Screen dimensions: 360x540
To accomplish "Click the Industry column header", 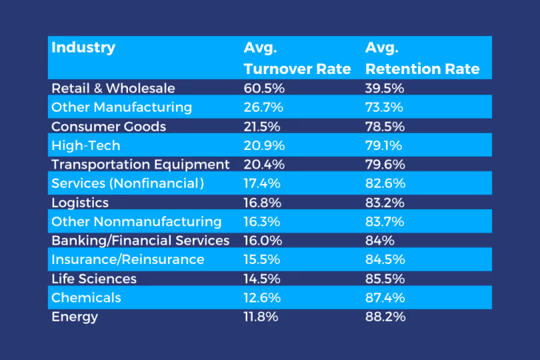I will coord(83,48).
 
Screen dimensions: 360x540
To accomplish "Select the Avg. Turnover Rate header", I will coord(297,59).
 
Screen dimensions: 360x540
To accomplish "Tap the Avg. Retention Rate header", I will coord(422,59).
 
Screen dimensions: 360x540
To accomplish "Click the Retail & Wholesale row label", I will coord(113,88).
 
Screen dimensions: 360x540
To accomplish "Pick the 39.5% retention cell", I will coord(385,88).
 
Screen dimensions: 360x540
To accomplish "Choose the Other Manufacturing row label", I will coord(121,107).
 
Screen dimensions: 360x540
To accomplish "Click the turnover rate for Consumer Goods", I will coord(261,126).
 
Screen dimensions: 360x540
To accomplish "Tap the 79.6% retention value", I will coord(385,164).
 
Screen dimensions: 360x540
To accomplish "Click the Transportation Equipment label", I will coord(140,164).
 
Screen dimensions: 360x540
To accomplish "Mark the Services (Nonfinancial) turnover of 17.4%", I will coord(261,183).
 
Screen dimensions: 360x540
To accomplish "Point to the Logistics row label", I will coord(80,203).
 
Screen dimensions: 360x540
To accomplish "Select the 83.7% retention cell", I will coord(385,221).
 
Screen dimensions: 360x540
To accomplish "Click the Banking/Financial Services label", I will coord(140,241).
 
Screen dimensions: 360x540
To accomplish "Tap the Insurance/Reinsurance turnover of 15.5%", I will coord(261,259).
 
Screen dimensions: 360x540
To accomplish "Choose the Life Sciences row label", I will coord(94,279).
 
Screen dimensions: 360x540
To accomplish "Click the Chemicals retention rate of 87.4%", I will coord(385,297).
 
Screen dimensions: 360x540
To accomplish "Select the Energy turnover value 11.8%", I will coord(261,317).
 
